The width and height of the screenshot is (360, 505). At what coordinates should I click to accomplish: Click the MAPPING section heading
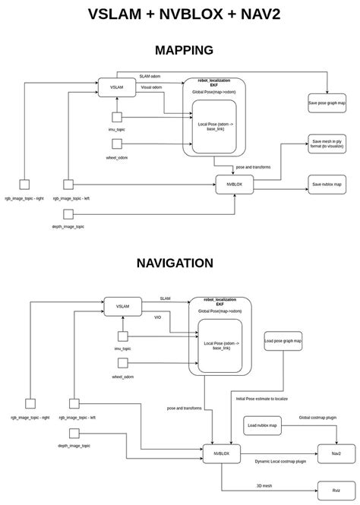(x=184, y=50)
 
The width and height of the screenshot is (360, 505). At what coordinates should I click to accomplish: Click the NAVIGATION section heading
(x=175, y=263)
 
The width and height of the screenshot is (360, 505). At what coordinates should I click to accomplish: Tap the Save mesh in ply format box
(x=327, y=144)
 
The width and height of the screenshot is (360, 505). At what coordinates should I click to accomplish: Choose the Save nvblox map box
(x=327, y=184)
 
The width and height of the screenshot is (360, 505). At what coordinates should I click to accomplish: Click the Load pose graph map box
(x=283, y=341)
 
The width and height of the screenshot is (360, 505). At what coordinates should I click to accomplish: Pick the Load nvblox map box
(x=262, y=426)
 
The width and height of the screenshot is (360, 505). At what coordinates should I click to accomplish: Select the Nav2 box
(x=336, y=453)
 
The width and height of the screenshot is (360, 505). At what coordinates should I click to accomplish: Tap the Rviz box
(x=336, y=490)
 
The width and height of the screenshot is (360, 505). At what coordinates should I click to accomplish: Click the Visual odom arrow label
(x=151, y=87)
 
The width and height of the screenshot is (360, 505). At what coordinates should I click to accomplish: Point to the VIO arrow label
(x=157, y=317)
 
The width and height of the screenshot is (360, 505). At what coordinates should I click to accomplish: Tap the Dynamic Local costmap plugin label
(x=280, y=461)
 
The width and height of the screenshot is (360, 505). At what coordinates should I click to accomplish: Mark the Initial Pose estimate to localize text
(x=262, y=398)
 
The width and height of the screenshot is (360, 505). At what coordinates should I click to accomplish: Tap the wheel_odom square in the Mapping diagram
(x=117, y=143)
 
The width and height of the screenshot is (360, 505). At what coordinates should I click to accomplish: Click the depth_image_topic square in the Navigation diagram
(x=75, y=433)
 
